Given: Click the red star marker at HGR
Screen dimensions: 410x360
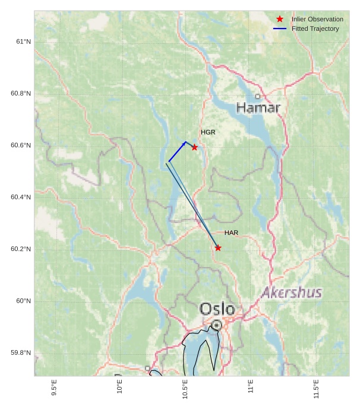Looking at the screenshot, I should (194, 147).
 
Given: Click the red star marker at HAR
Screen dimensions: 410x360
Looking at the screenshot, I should (218, 248).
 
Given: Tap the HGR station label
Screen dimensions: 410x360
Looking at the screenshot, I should (208, 132).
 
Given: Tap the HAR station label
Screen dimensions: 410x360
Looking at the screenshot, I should (231, 233).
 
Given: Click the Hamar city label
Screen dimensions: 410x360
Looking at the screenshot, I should (258, 108).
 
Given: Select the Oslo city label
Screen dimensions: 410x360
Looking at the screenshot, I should (217, 309).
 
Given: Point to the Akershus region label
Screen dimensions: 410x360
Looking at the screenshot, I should (292, 293).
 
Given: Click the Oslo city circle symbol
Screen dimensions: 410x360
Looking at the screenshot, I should (217, 325).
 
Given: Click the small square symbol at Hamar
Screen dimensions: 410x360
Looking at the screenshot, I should (257, 96).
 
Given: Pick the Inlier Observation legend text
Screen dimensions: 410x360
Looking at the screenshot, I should (317, 19).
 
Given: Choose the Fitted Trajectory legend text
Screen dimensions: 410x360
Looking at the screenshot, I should (315, 28).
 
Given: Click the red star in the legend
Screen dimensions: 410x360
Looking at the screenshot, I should (280, 19).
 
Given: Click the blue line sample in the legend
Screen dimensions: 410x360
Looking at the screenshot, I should (280, 28).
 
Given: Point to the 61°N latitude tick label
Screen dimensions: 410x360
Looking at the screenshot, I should (23, 42).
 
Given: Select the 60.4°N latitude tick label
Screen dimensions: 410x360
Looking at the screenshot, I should (21, 197).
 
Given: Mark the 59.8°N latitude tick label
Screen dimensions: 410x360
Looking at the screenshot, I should (21, 353).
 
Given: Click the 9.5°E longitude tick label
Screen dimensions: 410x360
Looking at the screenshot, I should (54, 388).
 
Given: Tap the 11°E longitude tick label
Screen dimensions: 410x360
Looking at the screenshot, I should (251, 387).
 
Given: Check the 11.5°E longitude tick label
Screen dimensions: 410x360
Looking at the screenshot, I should (316, 388).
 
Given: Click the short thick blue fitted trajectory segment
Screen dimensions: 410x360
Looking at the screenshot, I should (177, 151).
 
